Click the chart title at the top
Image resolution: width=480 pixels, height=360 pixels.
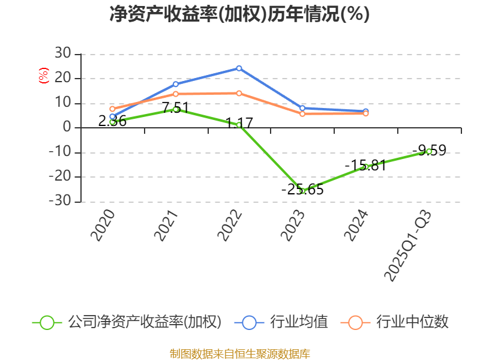click(x=239, y=14)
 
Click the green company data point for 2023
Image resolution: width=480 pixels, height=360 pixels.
click(x=302, y=191)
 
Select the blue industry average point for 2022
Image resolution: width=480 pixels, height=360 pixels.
click(x=239, y=68)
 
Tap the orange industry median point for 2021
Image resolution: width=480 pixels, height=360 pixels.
click(x=176, y=94)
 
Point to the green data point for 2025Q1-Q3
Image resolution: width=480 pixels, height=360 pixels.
click(x=429, y=151)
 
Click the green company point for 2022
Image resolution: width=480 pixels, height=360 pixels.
click(x=239, y=125)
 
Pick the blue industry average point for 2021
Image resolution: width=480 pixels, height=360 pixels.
click(x=176, y=83)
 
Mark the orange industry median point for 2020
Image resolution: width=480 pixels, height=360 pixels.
click(x=112, y=109)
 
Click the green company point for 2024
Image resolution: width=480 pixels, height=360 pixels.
click(x=365, y=167)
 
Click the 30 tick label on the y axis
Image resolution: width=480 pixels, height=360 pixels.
click(x=62, y=54)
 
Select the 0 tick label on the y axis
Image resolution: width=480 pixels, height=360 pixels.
click(x=67, y=128)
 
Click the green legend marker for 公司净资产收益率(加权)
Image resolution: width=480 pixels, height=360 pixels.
click(x=47, y=322)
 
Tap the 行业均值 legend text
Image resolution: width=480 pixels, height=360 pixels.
click(x=299, y=322)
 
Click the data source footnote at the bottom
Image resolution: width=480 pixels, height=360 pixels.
click(x=239, y=353)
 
